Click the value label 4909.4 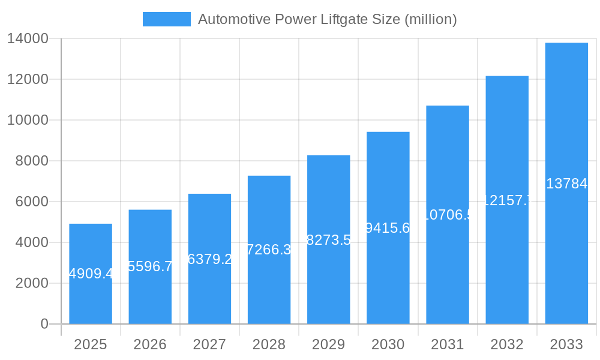point(91,274)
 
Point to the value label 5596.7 point(150,266)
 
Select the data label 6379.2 point(209,259)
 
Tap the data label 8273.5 point(328,241)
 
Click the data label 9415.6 point(388,228)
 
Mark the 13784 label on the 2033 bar point(566,184)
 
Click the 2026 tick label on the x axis point(150,344)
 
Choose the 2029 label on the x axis point(328,344)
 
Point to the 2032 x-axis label point(507,344)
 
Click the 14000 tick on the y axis point(28,39)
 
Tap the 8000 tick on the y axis point(32,161)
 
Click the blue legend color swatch point(166,19)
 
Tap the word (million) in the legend point(431,19)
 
